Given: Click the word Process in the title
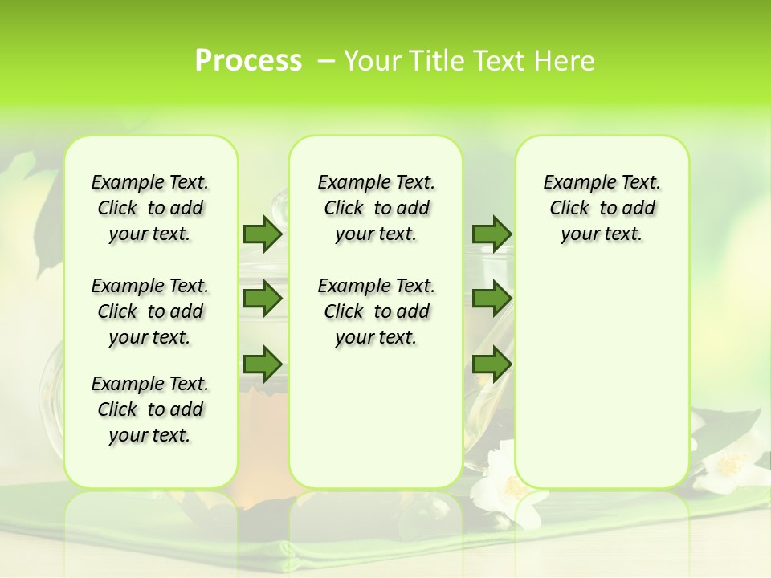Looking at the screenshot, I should (248, 60).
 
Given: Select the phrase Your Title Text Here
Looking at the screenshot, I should (469, 61).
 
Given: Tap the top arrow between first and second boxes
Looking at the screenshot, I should (263, 234).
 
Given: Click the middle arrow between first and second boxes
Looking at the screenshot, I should (263, 299).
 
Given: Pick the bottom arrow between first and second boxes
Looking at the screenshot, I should (263, 364).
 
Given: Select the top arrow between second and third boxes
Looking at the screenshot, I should (492, 234).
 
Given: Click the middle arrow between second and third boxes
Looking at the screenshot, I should (492, 299).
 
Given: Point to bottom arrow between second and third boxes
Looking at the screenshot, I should (492, 364).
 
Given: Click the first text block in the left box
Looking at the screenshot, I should (149, 208).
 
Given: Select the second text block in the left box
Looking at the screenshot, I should (149, 311).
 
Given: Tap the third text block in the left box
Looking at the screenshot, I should (149, 409).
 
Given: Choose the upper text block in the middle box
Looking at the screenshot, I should (376, 208).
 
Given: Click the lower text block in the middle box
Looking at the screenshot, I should (376, 311).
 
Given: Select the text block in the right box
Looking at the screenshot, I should (602, 208).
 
